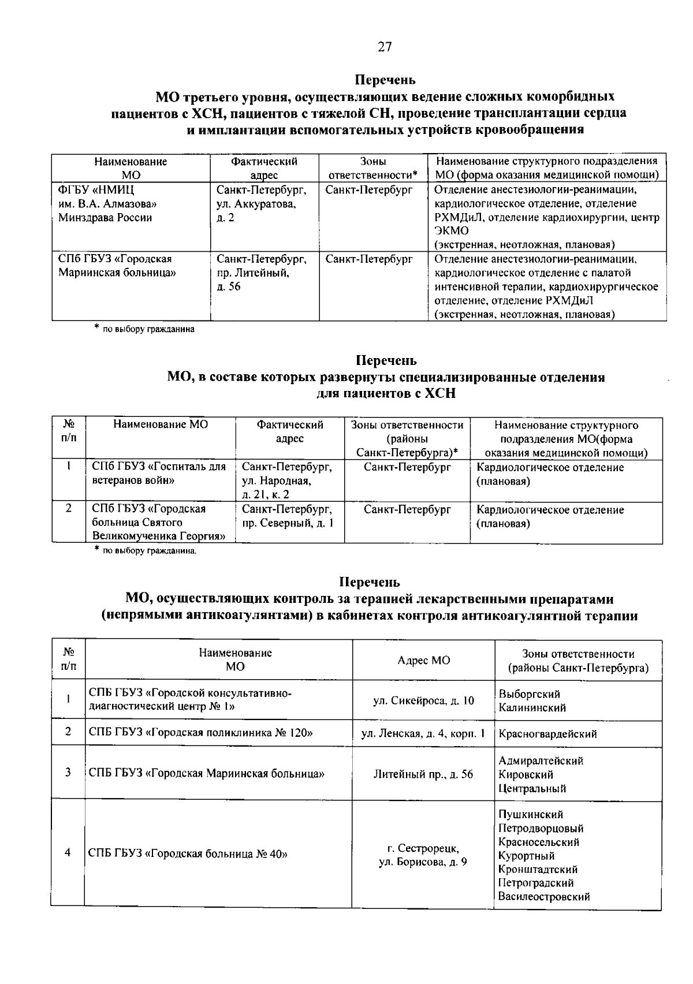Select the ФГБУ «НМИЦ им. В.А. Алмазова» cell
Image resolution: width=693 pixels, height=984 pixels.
click(x=107, y=204)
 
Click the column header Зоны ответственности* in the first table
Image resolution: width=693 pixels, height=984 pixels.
click(x=372, y=168)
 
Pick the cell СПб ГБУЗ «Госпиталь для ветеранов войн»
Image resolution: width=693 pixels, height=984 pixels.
click(x=159, y=474)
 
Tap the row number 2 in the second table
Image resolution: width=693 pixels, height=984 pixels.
click(x=68, y=509)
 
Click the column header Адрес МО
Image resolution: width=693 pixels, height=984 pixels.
click(x=423, y=660)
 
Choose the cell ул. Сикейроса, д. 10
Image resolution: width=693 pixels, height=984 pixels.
click(x=423, y=700)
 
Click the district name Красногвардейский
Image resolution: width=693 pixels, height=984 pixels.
click(x=547, y=734)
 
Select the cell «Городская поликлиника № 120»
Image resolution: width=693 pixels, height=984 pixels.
click(x=201, y=733)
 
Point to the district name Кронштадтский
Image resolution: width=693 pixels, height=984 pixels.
click(x=538, y=870)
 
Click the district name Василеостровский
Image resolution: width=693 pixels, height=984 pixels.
click(x=544, y=897)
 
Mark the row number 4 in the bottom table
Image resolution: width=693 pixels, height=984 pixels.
click(x=68, y=853)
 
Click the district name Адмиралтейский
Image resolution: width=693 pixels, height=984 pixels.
click(x=541, y=761)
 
